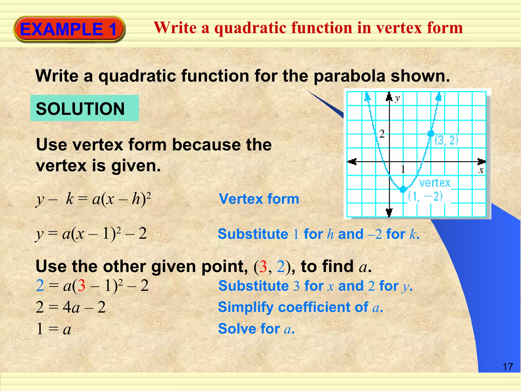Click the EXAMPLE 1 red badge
69,29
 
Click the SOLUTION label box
84,108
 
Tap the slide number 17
508,367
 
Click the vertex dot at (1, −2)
403,189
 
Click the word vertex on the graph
435,183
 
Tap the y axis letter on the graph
397,98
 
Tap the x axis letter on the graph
481,170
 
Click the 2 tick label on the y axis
382,133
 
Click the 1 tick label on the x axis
403,169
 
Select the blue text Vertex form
259,199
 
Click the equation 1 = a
54,329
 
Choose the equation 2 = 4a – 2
71,307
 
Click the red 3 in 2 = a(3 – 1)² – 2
81,286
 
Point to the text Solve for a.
256,329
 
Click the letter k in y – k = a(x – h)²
70,199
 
